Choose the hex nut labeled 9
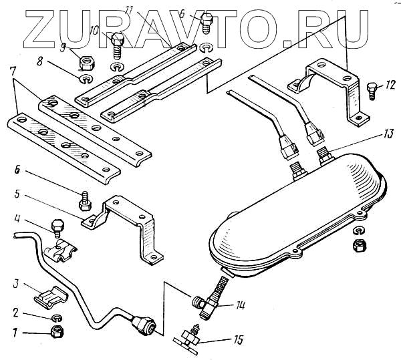point(86,63)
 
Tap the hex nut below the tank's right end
point(358,244)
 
